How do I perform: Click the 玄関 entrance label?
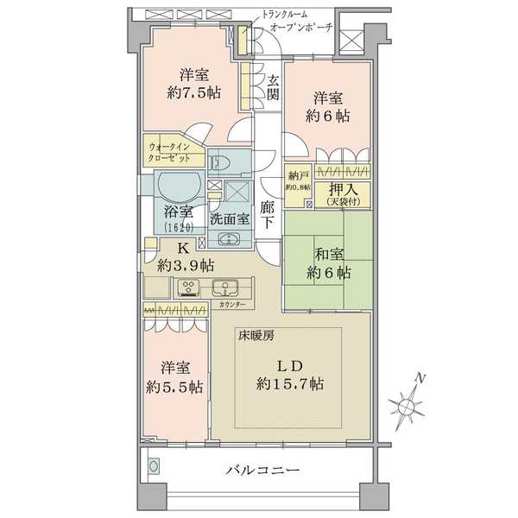click(x=273, y=88)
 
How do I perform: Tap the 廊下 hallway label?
click(x=267, y=215)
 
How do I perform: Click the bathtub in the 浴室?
click(x=179, y=186)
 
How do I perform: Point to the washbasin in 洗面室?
click(x=229, y=239)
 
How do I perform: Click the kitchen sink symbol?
click(x=224, y=287)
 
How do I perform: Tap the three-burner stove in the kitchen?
click(x=189, y=287)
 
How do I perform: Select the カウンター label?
click(x=232, y=305)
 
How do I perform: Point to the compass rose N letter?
click(x=420, y=378)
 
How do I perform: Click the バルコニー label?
click(x=262, y=470)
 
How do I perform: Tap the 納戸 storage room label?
click(x=298, y=175)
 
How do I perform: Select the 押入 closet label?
click(x=343, y=189)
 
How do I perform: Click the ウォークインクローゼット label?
click(x=169, y=152)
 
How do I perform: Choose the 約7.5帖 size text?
click(x=194, y=93)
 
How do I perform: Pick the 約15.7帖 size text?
click(x=290, y=384)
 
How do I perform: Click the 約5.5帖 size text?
click(x=174, y=387)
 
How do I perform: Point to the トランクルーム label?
click(x=284, y=15)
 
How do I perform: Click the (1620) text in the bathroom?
click(x=179, y=227)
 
